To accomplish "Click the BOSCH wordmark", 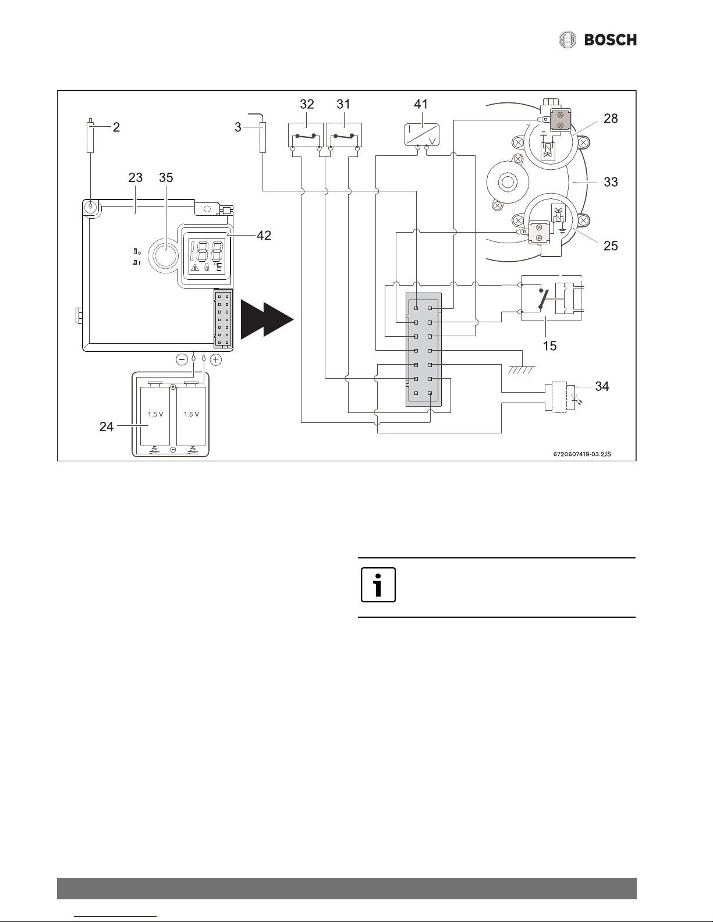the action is [611, 40].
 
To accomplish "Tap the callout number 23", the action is [136, 177].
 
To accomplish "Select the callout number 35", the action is [166, 177].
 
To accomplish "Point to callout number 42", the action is [264, 236].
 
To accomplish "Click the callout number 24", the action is [107, 426].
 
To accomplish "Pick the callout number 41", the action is [421, 104].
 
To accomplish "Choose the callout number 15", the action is [549, 346].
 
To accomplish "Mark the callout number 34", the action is [602, 386].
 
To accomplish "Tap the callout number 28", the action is [611, 119].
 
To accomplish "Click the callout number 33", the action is [611, 182].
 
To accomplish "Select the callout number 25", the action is [611, 245].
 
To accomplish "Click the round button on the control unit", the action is [165, 255].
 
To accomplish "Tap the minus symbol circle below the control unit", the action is [182, 360].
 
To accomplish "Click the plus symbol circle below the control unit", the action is [216, 360].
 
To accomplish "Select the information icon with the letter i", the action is [378, 585].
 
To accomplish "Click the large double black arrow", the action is [267, 319].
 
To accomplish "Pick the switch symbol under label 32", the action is [306, 136].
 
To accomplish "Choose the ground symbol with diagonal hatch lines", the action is [522, 369].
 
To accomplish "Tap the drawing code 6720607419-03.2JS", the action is [582, 454].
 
